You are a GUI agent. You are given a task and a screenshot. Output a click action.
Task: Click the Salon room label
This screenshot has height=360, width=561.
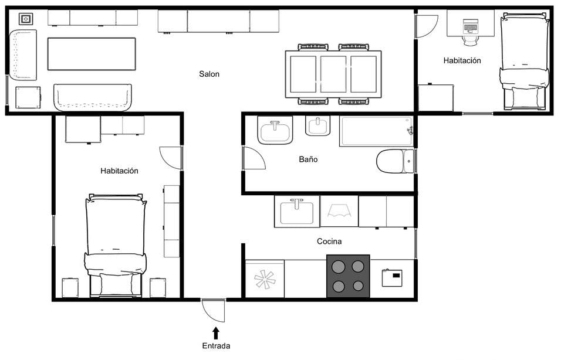point(209,74)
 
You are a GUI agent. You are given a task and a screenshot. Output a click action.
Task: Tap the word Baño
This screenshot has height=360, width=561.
point(308,159)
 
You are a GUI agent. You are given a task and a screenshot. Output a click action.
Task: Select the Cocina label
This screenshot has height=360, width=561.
point(329,241)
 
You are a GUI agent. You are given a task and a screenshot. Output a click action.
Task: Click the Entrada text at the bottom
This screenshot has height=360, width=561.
point(216,346)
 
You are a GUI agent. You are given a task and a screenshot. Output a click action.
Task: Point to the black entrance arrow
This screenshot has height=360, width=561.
point(216,332)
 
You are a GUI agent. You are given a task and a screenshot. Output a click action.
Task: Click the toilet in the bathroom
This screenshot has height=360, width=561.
point(394,161)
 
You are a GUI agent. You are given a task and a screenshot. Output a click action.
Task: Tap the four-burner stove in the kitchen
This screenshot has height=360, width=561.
point(348,276)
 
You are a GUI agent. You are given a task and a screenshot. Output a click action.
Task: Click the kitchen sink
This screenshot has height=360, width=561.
point(297,212)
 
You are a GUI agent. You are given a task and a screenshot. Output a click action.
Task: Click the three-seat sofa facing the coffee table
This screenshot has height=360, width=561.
point(93,97)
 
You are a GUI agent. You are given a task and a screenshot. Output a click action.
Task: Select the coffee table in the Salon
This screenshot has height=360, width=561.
point(92,54)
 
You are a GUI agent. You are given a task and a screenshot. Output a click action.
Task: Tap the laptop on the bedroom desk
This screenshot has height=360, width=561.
point(471,26)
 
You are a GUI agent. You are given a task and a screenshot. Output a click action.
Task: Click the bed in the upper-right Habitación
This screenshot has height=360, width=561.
point(524,62)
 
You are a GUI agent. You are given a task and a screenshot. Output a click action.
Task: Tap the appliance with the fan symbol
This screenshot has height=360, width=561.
point(265,279)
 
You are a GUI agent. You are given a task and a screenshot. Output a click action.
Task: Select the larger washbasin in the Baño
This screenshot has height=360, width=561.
point(275,130)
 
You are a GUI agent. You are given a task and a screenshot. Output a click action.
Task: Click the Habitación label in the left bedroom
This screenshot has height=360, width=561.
point(119,171)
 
